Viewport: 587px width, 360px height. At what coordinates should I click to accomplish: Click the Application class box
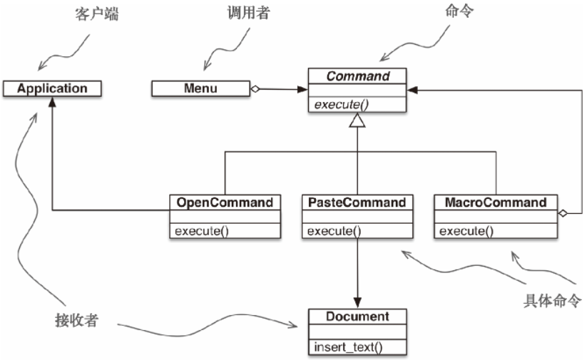(x=52, y=89)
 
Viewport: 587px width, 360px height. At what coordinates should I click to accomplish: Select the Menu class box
(x=200, y=89)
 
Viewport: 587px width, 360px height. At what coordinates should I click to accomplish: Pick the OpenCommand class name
(x=225, y=202)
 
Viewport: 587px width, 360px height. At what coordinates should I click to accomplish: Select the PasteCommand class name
(x=357, y=202)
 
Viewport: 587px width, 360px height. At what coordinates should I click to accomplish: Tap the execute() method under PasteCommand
(x=333, y=230)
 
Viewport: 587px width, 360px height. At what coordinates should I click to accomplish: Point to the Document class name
(x=357, y=316)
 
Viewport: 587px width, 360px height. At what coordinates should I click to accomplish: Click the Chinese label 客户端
(x=96, y=14)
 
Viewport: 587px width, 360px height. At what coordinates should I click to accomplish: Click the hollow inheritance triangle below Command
(x=357, y=121)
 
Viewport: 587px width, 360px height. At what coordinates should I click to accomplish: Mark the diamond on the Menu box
(x=255, y=89)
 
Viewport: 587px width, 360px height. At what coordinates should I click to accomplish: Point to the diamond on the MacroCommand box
(x=563, y=212)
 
